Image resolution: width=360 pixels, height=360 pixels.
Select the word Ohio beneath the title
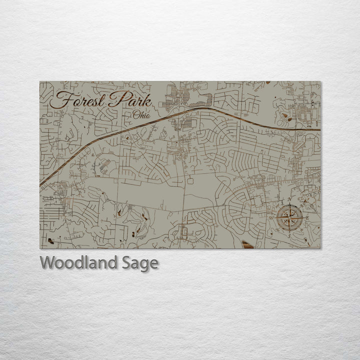(x=141, y=115)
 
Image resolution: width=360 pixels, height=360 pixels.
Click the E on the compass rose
(x=308, y=218)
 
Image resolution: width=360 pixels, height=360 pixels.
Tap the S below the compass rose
(x=289, y=236)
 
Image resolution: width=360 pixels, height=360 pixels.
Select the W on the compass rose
(x=271, y=218)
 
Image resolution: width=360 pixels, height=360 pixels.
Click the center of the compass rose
(x=289, y=218)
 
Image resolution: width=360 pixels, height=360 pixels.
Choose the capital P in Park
(x=116, y=98)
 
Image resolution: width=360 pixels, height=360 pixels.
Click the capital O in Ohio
(x=136, y=114)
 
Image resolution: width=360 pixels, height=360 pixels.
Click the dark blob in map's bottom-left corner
(x=50, y=241)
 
